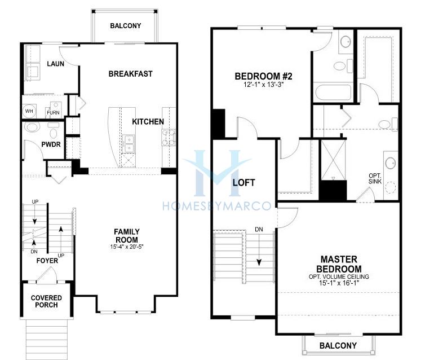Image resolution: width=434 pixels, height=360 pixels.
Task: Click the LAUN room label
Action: pyautogui.click(x=56, y=64)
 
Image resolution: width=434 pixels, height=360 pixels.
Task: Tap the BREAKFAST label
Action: pyautogui.click(x=130, y=74)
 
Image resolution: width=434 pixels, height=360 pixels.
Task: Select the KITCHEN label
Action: pyautogui.click(x=148, y=121)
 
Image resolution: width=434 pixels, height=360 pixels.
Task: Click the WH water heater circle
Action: pyautogui.click(x=29, y=111)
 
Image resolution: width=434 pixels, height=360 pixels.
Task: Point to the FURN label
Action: pyautogui.click(x=53, y=112)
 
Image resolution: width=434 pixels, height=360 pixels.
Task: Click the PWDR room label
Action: pyautogui.click(x=51, y=144)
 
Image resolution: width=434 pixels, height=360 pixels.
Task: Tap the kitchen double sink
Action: pyautogui.click(x=129, y=144)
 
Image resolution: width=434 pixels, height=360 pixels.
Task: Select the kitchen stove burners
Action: pyautogui.click(x=169, y=138)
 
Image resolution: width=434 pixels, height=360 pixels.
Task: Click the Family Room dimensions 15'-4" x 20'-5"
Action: pyautogui.click(x=126, y=247)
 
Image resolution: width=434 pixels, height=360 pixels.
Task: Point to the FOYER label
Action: pyautogui.click(x=47, y=261)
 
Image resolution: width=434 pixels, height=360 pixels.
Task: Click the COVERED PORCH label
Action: pyautogui.click(x=46, y=301)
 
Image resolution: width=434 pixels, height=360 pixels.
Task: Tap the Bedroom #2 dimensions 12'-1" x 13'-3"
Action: pyautogui.click(x=264, y=84)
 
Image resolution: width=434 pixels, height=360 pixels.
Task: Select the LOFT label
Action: pyautogui.click(x=244, y=183)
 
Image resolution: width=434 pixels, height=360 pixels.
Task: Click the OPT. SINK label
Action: pyautogui.click(x=375, y=178)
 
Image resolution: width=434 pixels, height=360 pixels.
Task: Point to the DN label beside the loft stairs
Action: pyautogui.click(x=259, y=230)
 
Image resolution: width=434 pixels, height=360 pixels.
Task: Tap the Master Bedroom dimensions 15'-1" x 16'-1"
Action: pyautogui.click(x=339, y=283)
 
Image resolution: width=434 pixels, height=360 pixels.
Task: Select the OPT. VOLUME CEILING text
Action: pyautogui.click(x=339, y=276)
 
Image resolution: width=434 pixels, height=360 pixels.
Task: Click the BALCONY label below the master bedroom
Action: pyautogui.click(x=338, y=345)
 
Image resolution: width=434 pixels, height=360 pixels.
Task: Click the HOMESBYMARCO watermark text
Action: pyautogui.click(x=217, y=206)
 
